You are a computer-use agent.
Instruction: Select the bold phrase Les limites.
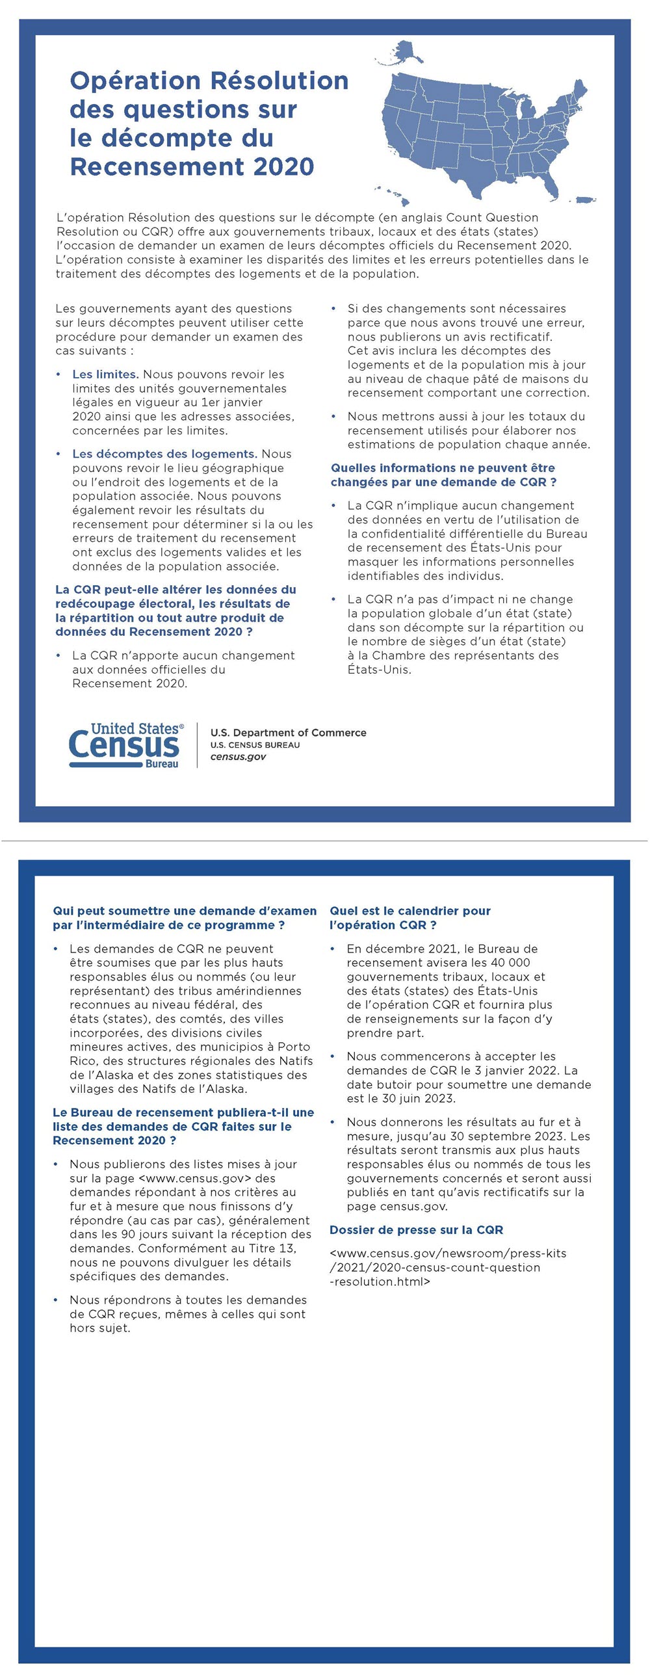pos(105,374)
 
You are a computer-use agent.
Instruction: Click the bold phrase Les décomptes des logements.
pos(164,454)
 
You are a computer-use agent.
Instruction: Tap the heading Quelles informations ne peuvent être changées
pos(443,475)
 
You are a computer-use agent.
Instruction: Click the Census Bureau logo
pos(126,745)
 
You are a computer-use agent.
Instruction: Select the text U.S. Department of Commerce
pos(288,732)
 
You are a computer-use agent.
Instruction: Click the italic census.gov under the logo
pos(238,757)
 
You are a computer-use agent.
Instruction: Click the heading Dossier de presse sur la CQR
pos(416,1230)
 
